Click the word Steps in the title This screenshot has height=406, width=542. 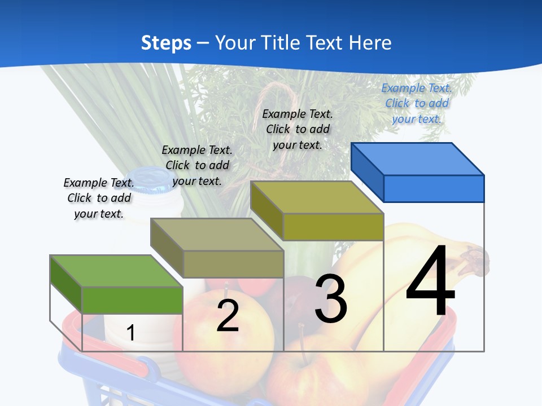pos(166,43)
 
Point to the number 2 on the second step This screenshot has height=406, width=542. pos(228,316)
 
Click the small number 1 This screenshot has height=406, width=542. pos(130,333)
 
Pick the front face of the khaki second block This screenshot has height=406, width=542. pos(233,264)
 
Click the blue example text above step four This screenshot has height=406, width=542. pos(417,104)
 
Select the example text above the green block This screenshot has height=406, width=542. pos(99,198)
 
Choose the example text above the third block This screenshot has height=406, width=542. pos(298,130)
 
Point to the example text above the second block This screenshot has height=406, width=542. pos(197,165)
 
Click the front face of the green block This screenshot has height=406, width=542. pos(132,300)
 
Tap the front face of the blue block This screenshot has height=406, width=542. pos(434,188)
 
